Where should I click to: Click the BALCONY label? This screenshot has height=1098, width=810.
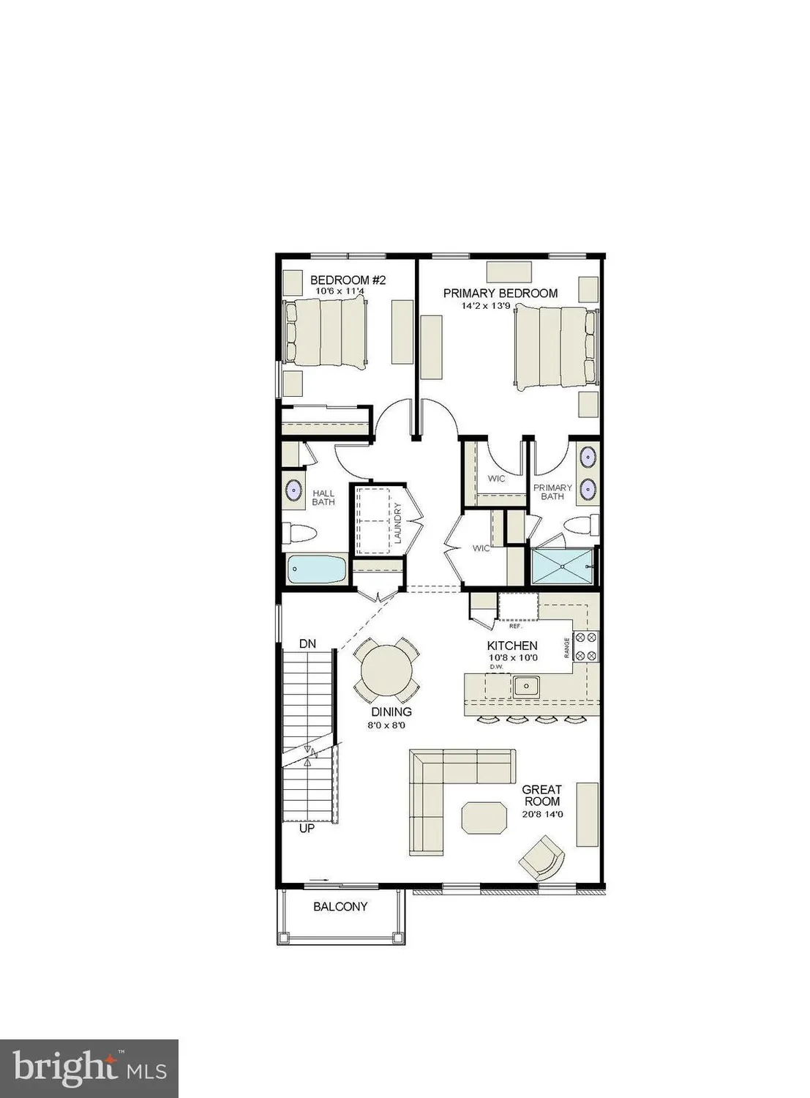coord(340,906)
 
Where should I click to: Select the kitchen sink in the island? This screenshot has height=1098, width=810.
coord(525,686)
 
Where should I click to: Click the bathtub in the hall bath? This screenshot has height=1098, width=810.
coord(317,569)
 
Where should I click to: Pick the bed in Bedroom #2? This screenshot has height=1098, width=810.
coord(326,332)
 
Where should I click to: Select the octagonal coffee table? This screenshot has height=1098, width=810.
coord(484,816)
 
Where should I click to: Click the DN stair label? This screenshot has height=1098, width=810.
coord(308,643)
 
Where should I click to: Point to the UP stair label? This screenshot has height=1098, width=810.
coord(307,829)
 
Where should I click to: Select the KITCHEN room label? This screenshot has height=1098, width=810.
coord(512,646)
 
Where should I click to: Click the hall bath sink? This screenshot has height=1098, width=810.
coord(294,490)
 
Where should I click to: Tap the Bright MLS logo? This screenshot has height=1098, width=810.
coord(89,1069)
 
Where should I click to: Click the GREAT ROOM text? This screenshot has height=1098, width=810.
coord(541,795)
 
